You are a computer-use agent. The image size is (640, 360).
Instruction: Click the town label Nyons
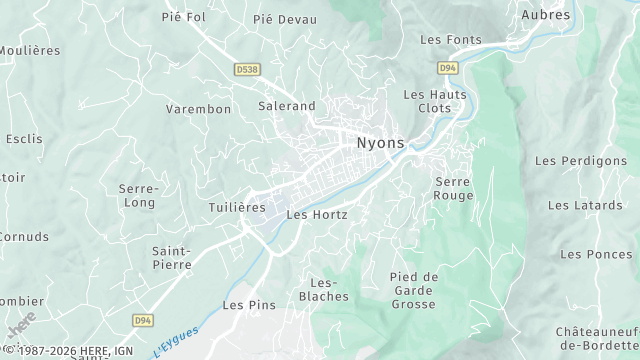pos(381,143)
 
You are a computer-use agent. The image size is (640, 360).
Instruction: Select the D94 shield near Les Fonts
pos(447,68)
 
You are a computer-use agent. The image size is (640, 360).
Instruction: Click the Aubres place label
pos(546,15)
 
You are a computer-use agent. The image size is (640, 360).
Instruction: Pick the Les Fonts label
pos(451,40)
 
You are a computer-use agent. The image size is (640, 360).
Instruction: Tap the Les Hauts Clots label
pos(428,100)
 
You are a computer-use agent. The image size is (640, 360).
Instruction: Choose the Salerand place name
pos(287,105)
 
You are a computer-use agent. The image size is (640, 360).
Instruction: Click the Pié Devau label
pos(285,19)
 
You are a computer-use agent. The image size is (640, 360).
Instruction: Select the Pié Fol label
pos(183,16)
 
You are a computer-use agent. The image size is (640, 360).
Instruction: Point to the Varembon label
pos(198,109)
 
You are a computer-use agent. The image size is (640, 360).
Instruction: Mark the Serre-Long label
pos(138,195)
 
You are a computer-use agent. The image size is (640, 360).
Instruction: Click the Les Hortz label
pos(317,214)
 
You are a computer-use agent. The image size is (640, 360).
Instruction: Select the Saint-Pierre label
pos(172,258)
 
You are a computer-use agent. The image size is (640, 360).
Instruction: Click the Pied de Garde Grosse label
pos(414,290)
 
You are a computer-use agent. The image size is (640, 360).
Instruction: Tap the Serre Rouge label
pos(454,188)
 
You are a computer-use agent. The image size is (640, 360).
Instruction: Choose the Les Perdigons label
pos(587,160)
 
